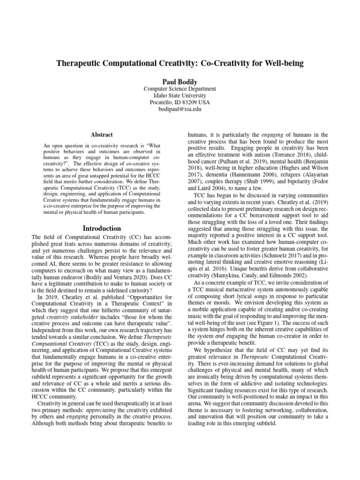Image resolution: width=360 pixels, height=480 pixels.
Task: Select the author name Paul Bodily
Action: [x=180, y=80]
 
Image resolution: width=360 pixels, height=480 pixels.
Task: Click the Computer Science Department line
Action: [x=180, y=89]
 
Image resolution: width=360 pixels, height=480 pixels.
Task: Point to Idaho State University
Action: [x=180, y=96]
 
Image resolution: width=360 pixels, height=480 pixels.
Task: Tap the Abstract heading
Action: [x=102, y=135]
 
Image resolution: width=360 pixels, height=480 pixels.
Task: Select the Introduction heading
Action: [x=102, y=229]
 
